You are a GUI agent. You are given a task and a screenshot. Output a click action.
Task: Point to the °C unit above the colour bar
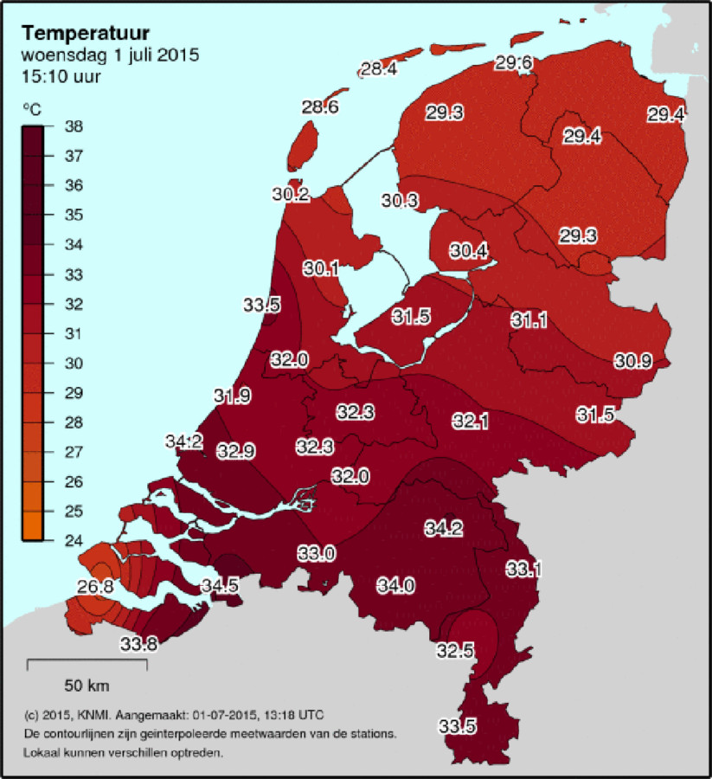point(31,110)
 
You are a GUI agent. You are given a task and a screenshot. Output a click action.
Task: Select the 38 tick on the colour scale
point(74,126)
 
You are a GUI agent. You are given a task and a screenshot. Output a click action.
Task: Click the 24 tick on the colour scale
point(74,540)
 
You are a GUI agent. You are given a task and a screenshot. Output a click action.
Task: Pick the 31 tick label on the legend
point(74,333)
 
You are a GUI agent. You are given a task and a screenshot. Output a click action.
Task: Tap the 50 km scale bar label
point(87,686)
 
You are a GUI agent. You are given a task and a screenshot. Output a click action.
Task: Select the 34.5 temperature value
point(220,586)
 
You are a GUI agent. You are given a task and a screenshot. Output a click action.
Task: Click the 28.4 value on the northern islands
point(379,69)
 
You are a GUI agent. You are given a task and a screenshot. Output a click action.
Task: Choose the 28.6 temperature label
point(319,107)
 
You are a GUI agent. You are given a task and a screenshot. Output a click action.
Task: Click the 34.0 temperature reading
point(394,586)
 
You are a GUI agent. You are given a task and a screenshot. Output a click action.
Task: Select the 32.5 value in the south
point(454,650)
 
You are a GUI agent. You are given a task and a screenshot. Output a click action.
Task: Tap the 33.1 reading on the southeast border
point(524,569)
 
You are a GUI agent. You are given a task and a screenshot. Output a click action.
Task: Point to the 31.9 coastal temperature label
point(233,396)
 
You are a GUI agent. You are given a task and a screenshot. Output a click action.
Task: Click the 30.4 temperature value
point(468,251)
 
